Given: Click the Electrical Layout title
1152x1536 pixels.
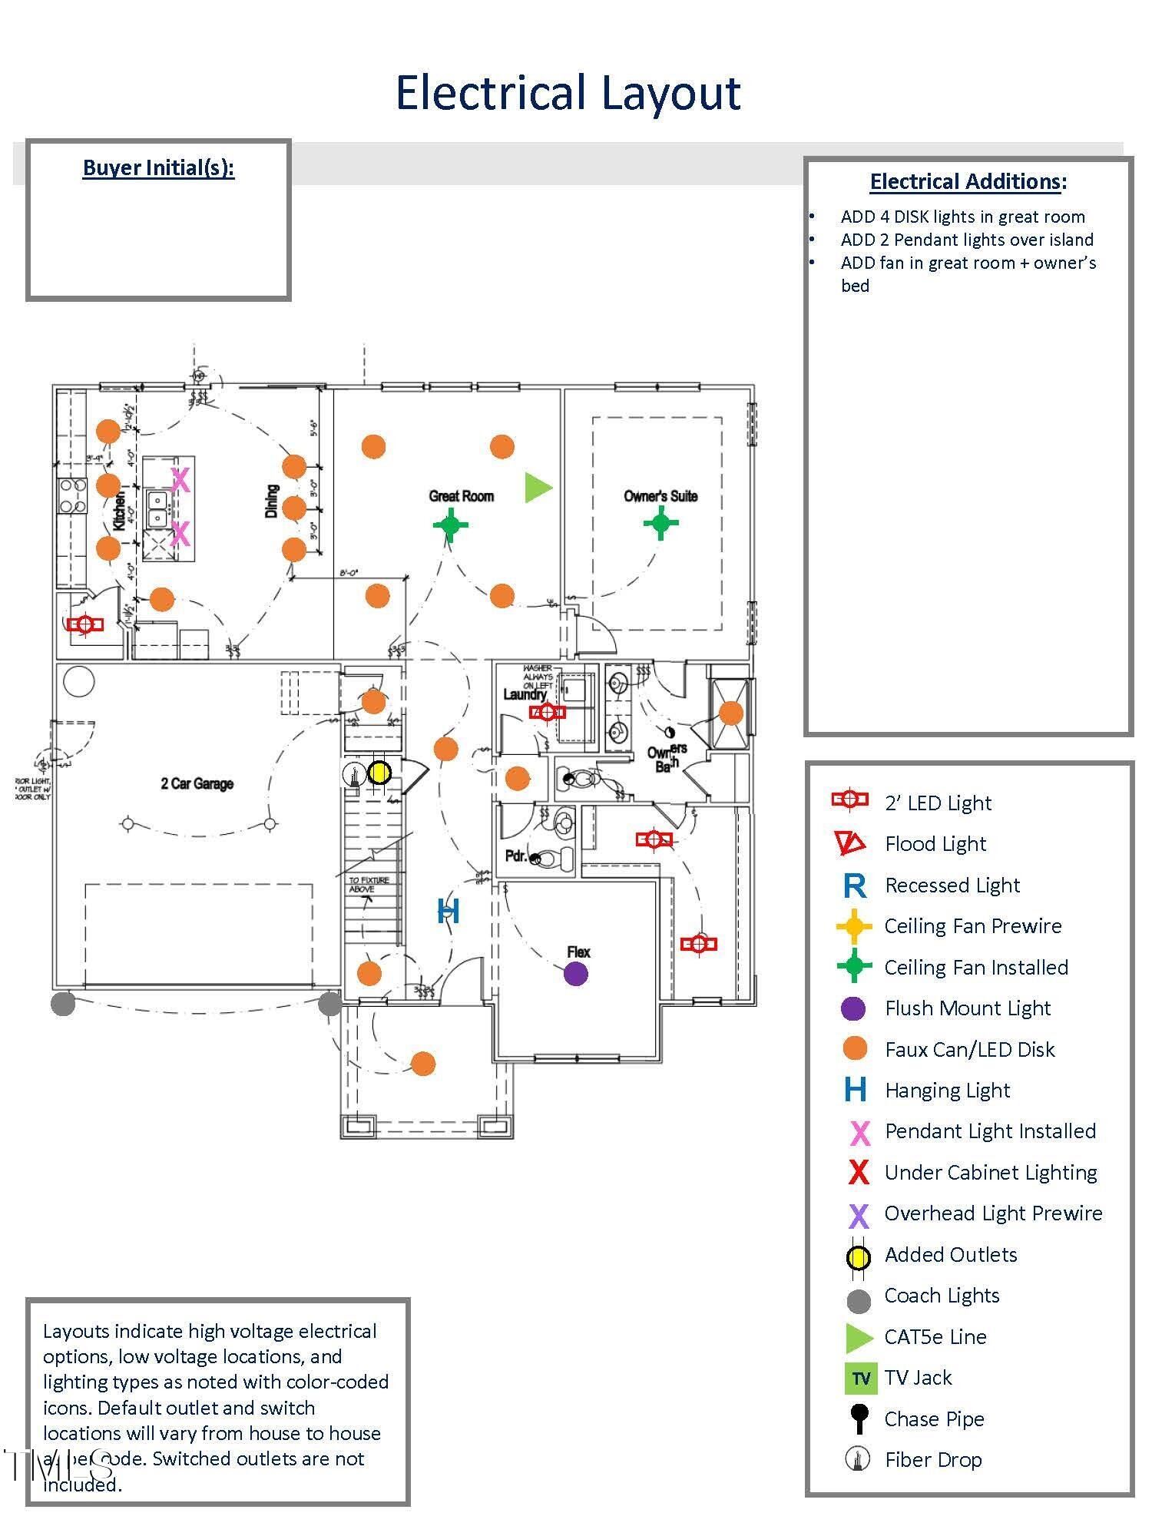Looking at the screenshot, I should click(568, 93).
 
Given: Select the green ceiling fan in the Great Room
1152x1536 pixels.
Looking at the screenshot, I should click(451, 525).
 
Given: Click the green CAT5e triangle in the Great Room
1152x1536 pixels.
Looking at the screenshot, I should click(537, 488).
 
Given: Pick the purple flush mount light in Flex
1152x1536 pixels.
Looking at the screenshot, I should click(576, 974).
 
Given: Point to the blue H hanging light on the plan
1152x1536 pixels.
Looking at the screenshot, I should click(449, 912).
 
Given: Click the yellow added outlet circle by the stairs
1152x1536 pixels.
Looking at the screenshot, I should click(379, 773).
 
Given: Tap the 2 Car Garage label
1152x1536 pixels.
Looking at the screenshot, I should click(197, 783).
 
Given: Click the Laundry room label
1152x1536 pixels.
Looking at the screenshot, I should click(525, 694).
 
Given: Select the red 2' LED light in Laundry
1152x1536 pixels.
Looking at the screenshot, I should click(547, 712).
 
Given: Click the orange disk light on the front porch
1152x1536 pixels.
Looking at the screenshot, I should click(423, 1064).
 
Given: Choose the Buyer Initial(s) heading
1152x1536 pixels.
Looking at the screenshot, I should click(158, 167).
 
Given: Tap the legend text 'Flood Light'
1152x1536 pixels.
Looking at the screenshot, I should click(935, 844).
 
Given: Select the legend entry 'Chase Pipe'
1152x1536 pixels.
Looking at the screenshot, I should click(934, 1418).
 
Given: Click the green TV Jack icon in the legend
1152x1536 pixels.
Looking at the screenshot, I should click(860, 1378).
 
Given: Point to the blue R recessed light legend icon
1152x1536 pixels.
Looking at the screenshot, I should click(855, 886).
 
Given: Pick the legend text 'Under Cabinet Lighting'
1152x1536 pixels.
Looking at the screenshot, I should click(991, 1172).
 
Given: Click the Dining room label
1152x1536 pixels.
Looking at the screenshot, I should click(272, 501).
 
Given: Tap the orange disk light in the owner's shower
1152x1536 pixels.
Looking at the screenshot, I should click(731, 713).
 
